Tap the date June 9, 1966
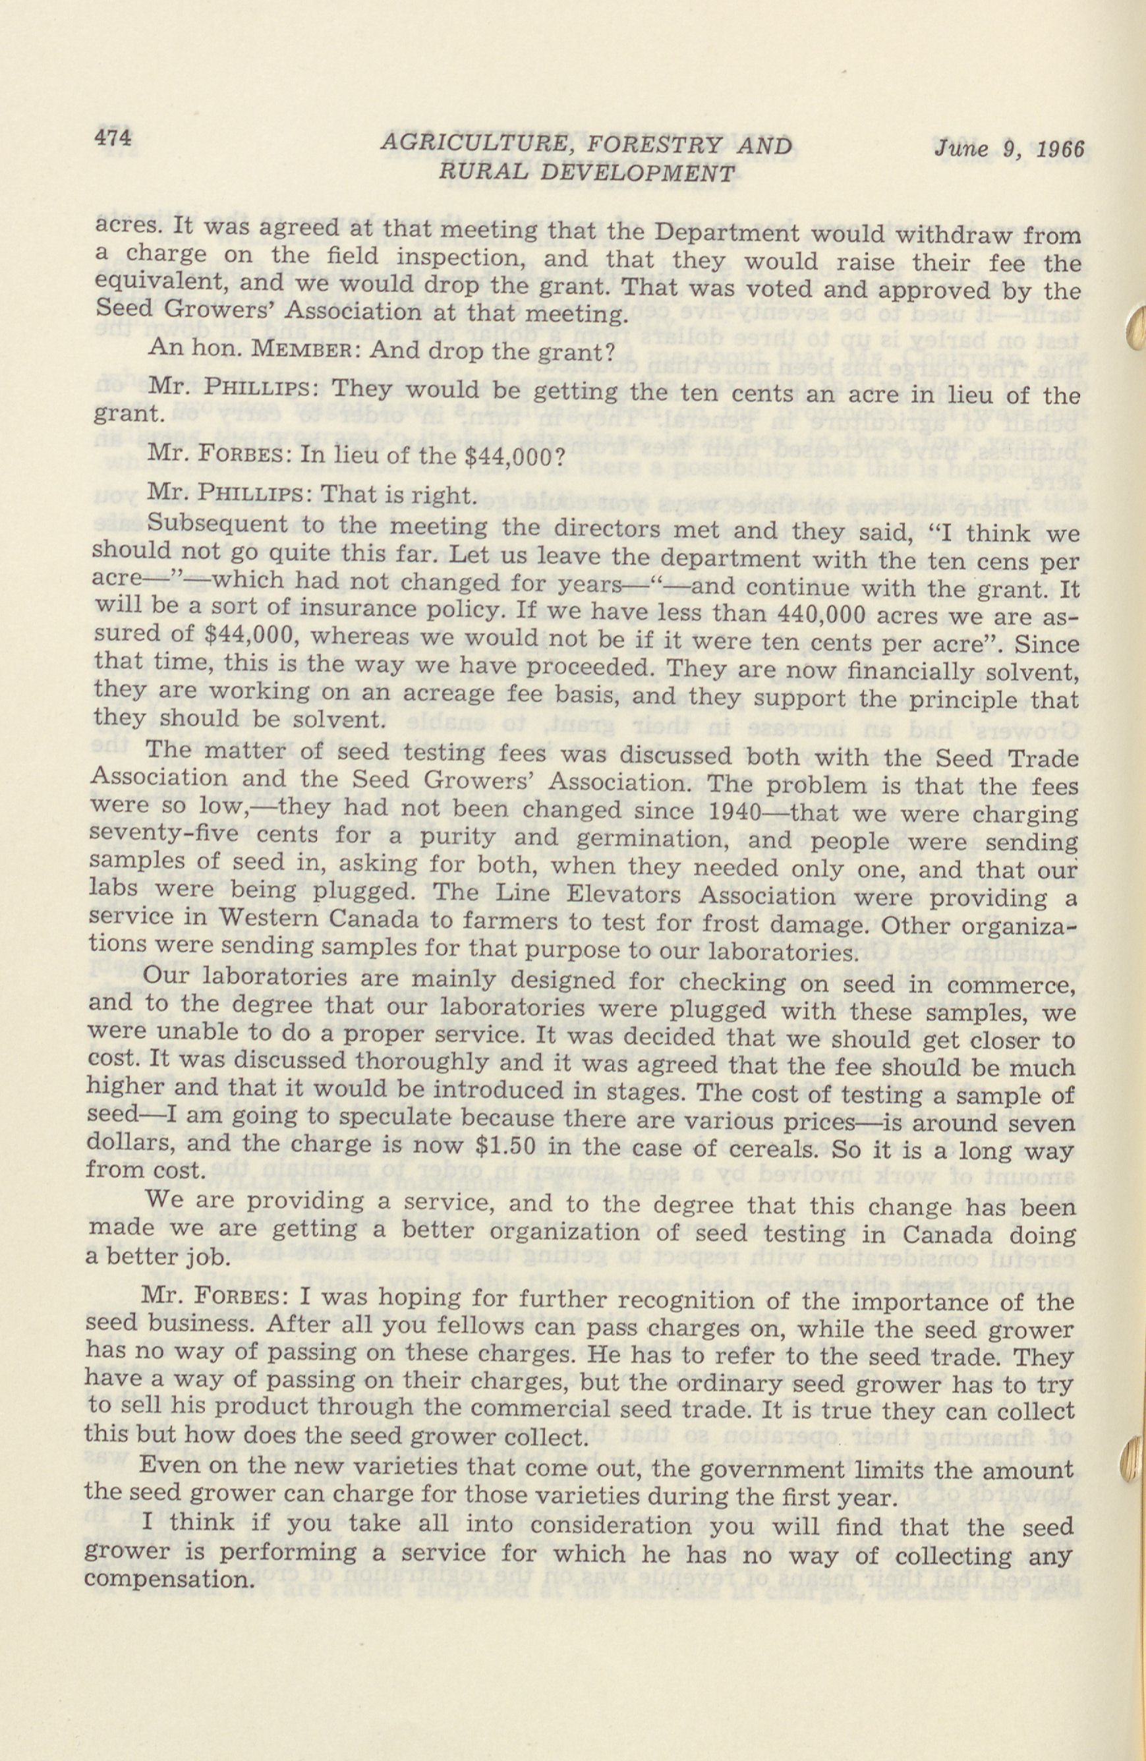pos(1008,148)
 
